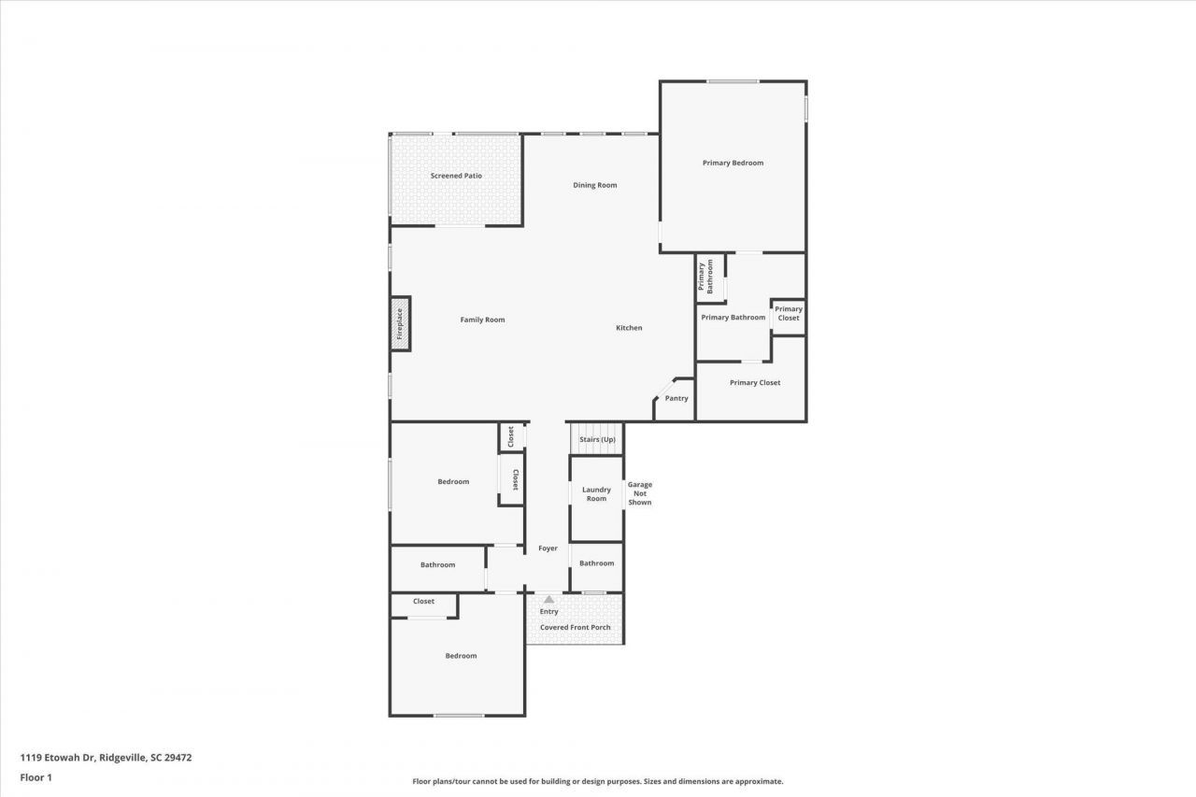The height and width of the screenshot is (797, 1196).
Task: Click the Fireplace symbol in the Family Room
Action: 400,323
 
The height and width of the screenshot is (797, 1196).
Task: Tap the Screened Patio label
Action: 456,176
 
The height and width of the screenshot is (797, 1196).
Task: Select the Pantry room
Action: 676,399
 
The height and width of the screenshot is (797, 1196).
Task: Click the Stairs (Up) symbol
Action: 597,439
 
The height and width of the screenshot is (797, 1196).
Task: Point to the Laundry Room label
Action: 596,494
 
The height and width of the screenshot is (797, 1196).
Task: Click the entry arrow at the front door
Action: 548,599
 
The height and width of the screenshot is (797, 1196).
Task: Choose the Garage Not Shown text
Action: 640,493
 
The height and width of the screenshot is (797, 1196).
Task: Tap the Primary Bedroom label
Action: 733,163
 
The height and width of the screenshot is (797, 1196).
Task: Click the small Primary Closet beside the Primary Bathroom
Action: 788,314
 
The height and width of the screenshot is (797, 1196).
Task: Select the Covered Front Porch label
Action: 575,627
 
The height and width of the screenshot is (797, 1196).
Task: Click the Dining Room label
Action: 595,185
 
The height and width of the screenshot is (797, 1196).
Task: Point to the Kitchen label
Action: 629,328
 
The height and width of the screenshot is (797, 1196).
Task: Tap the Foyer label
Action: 548,548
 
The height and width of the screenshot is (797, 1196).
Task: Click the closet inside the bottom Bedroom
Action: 423,602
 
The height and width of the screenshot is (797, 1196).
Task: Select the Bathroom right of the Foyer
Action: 596,563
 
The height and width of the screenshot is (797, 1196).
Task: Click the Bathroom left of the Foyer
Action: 437,565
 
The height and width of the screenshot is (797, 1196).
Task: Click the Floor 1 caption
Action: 36,776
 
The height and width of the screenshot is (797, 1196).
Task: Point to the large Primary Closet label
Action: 755,382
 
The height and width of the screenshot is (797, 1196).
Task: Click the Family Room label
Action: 482,320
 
